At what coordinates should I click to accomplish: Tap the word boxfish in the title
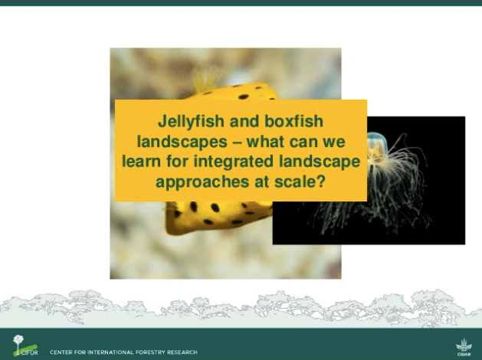(x=293, y=121)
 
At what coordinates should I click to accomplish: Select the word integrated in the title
(x=233, y=162)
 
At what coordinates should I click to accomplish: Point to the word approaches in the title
(x=202, y=182)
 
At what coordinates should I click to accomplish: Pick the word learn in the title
(x=142, y=162)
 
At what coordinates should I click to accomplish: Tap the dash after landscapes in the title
(x=237, y=142)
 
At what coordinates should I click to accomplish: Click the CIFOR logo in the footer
(x=25, y=345)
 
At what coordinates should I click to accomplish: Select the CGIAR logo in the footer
(x=464, y=347)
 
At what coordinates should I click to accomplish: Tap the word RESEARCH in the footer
(x=182, y=352)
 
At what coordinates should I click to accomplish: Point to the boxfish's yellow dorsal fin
(x=204, y=80)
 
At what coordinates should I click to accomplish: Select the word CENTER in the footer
(x=60, y=352)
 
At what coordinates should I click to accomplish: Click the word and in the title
(x=244, y=121)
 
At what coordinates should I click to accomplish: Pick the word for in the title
(x=177, y=162)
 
